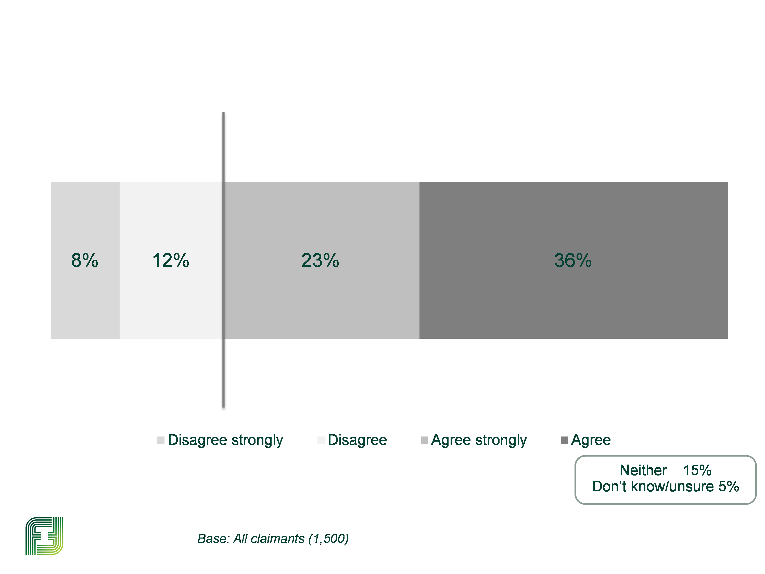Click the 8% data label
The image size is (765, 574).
pos(84,260)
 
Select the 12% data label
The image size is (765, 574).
pos(171,260)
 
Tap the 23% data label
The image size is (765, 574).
pos(320,260)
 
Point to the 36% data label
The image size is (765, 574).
pos(573,260)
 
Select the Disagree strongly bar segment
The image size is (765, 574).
pos(85,304)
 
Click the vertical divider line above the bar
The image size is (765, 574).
pos(223,145)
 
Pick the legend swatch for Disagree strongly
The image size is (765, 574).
pos(160,440)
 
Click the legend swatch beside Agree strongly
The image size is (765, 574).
pos(424,440)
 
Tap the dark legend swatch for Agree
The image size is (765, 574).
pos(564,440)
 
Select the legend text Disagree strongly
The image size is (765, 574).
pos(225,440)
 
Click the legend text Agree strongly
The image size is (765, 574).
pos(479,440)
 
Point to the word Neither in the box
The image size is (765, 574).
pos(643,470)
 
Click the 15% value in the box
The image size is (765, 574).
pos(697,470)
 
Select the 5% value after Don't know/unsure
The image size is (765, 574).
pos(729,486)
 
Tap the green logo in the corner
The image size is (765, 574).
pos(44,536)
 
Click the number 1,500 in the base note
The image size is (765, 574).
pos(328,539)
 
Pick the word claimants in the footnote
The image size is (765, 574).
pos(278,539)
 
